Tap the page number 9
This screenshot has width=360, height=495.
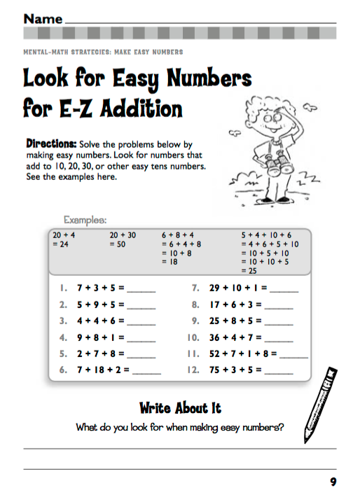[x=333, y=481]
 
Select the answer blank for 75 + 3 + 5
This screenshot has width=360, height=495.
[x=279, y=371]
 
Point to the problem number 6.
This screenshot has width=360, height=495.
[x=62, y=370]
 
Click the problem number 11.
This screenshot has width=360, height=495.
[x=194, y=354]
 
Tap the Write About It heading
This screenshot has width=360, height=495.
[x=180, y=408]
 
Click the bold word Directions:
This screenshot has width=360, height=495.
[x=51, y=141]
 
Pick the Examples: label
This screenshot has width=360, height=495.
[x=85, y=219]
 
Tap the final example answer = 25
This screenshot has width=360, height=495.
[x=249, y=270]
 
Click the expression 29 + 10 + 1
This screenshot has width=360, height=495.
[x=237, y=288]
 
